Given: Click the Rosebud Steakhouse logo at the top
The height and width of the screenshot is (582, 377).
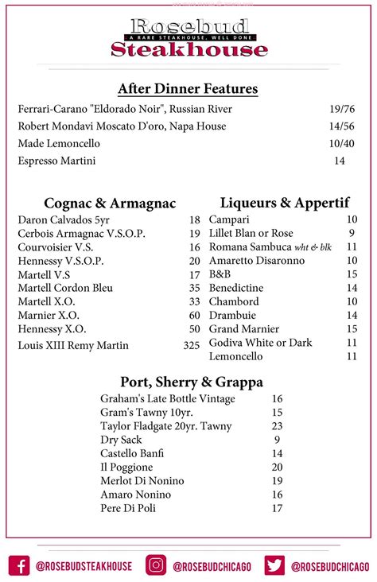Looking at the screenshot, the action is (188, 37).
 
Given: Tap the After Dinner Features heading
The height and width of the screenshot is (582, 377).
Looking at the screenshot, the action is (188, 89).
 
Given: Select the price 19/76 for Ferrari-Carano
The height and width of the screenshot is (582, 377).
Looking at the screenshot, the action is (341, 109).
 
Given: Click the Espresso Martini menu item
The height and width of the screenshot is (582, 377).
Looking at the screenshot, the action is (56, 161).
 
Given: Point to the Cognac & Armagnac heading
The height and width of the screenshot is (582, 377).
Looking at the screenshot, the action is (110, 204).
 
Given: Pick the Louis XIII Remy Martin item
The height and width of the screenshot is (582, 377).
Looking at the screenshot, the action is (73, 345).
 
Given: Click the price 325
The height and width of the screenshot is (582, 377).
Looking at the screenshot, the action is (192, 345).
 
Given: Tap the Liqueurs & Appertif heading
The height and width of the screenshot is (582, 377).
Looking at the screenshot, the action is (285, 203).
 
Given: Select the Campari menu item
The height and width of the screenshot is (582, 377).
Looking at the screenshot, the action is (229, 219).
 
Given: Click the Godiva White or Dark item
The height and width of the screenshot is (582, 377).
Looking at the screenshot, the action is (261, 343).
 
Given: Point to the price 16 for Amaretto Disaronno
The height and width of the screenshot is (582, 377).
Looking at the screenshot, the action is (352, 260).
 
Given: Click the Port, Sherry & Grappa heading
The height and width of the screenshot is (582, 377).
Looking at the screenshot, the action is (191, 382).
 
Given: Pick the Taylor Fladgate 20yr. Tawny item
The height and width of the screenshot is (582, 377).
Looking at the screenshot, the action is (166, 426).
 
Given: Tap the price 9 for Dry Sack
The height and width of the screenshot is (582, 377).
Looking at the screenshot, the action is (277, 440).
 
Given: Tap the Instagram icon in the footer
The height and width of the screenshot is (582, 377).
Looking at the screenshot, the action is (156, 565).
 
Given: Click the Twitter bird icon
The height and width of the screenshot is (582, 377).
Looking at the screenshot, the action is (275, 565).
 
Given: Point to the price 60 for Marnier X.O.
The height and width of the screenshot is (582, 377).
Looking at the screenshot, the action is (194, 315).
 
